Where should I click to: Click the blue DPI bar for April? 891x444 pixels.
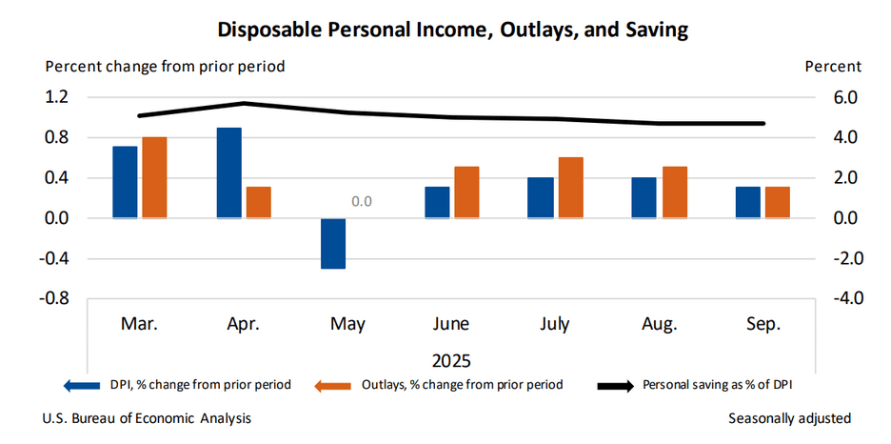[x=229, y=172]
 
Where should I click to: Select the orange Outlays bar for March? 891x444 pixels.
[x=154, y=177]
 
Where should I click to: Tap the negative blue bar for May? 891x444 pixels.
[x=333, y=243]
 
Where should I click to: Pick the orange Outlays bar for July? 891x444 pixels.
[x=570, y=188]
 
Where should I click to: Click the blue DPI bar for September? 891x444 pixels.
[x=748, y=202]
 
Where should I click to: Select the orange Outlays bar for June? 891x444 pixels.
[x=466, y=192]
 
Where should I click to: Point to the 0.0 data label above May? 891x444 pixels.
[x=361, y=201]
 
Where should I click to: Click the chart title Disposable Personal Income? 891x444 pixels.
[x=453, y=30]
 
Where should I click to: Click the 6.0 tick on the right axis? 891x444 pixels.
[x=846, y=97]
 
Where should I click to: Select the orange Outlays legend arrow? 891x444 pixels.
[x=337, y=385]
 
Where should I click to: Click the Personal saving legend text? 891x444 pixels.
[x=719, y=385]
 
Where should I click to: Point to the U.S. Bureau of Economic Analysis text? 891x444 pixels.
[x=147, y=418]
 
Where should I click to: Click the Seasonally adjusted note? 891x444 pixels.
[x=789, y=418]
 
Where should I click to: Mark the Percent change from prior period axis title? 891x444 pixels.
[x=165, y=67]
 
